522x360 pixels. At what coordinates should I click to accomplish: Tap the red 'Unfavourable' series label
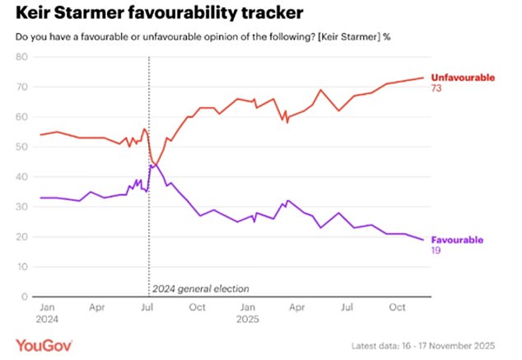(464, 77)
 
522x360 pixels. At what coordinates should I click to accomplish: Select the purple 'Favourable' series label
(459, 239)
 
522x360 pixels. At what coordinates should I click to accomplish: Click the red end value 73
(438, 87)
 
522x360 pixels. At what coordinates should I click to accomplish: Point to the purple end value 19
(437, 250)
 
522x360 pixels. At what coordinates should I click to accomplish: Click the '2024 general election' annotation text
(200, 289)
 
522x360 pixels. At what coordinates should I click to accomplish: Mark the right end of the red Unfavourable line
(424, 77)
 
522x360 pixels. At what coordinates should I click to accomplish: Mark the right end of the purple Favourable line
(424, 240)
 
